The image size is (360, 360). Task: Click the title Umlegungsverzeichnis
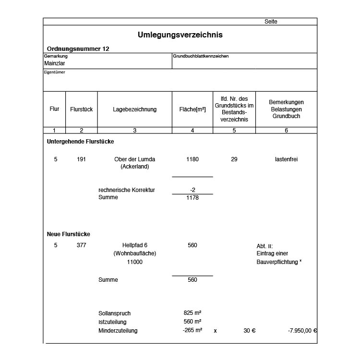180,35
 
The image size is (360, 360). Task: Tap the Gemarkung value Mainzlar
55,63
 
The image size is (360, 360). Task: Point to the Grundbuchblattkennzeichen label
201,56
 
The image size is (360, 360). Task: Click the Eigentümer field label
54,72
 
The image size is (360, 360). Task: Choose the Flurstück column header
81,109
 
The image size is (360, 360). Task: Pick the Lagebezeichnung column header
134,109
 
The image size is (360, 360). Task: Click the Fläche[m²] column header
192,109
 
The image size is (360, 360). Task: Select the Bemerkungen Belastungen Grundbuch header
286,109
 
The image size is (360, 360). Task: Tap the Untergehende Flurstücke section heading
80,142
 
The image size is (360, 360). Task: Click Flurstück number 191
81,159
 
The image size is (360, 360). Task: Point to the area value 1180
192,159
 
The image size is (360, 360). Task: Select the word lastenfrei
286,159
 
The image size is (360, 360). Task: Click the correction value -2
192,190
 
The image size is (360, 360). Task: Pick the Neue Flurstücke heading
68,234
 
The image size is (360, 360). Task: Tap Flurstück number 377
81,245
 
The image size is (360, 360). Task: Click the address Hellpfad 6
134,245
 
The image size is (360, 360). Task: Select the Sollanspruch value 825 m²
192,313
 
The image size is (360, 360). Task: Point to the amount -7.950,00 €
302,331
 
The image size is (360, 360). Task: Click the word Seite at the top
271,22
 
